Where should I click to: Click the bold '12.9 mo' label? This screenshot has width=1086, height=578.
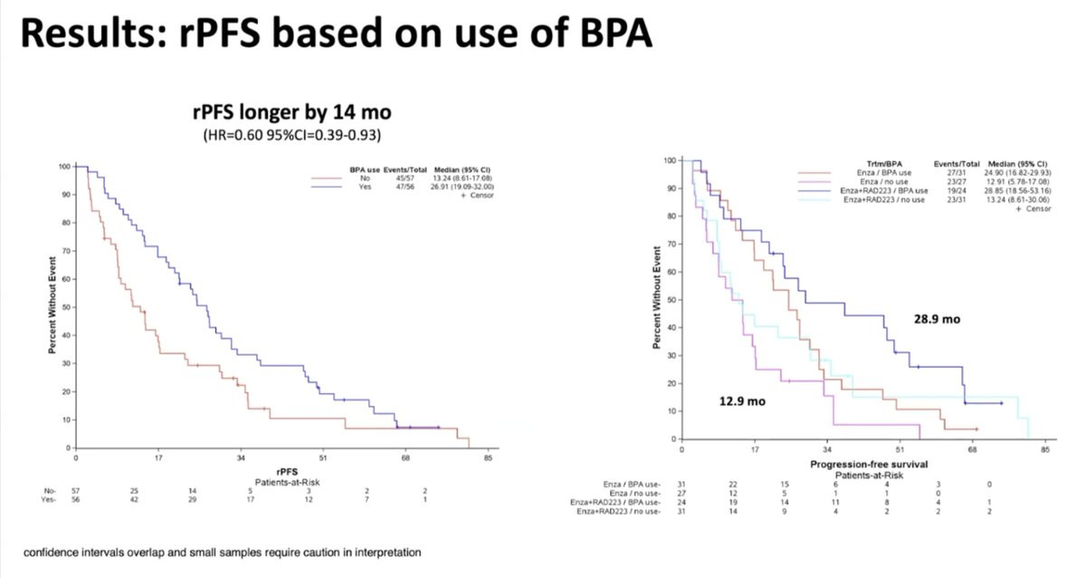coord(743,400)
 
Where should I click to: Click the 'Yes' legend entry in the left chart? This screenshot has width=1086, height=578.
coord(365,187)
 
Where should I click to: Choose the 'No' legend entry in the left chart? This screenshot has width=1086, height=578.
coord(365,178)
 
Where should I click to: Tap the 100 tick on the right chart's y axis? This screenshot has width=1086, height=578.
coord(671,160)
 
